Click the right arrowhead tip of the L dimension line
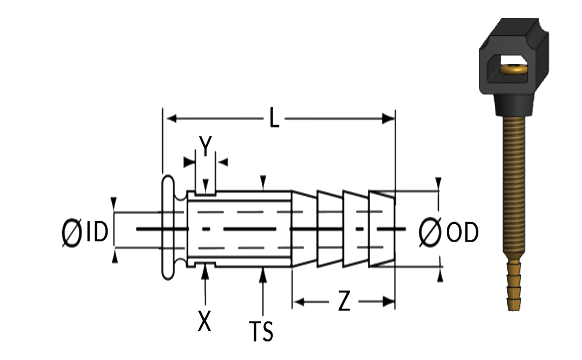pos(395,119)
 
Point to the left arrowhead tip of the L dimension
pos(167,119)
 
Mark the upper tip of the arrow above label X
pos(205,265)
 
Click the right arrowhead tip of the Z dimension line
pos(395,301)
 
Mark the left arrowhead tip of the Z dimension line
pos(293,302)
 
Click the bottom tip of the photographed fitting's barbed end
pos(514,311)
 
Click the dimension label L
pos(274,117)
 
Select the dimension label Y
pos(205,146)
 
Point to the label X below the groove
pos(204,321)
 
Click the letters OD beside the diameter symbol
pos(462,232)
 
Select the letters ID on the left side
pos(97,231)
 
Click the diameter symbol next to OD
pos(430,232)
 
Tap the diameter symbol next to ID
pos(72,232)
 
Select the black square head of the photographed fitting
pos(514,56)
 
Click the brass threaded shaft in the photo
pos(514,184)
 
